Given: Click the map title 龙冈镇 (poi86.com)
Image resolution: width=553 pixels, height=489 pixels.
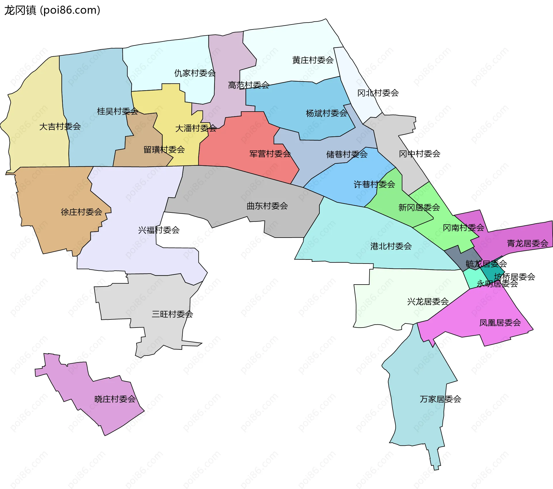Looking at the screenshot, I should click(52, 10).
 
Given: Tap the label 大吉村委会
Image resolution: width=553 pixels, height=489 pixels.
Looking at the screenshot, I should click(60, 127).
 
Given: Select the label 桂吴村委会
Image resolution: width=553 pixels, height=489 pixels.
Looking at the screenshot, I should click(118, 111).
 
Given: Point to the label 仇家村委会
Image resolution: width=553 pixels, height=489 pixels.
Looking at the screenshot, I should click(195, 73).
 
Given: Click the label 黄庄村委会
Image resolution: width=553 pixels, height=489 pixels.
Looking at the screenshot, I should click(313, 60).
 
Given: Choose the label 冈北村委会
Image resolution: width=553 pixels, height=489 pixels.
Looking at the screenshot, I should click(378, 93).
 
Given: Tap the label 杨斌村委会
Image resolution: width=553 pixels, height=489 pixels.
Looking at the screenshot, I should click(326, 113).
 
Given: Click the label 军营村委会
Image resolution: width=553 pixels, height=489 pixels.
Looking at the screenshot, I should click(270, 154).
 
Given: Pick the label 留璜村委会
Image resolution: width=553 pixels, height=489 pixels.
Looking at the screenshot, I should click(164, 150).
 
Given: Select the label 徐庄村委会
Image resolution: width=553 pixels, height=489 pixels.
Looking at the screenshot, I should click(81, 212).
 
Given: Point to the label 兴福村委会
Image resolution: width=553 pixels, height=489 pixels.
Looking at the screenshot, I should click(159, 230).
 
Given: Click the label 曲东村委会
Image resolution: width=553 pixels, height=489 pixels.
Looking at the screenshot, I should click(267, 206).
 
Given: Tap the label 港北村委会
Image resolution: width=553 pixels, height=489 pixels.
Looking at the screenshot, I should click(391, 246).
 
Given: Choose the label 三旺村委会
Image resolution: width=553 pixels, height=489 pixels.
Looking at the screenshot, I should click(172, 314).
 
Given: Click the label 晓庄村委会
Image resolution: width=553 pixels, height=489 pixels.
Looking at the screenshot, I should click(115, 399).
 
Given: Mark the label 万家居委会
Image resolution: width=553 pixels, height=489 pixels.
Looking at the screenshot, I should click(440, 399).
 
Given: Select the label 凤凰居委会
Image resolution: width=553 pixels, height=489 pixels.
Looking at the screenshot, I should click(500, 323).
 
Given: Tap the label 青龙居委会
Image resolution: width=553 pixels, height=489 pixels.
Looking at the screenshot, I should click(527, 243).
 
